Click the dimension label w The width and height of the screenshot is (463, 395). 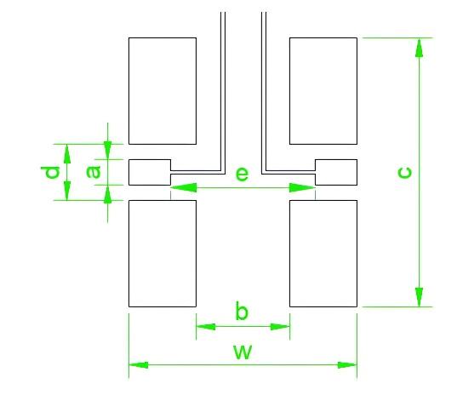pos(243,352)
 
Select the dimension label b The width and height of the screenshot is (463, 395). pos(242,311)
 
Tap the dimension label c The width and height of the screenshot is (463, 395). pos(404,173)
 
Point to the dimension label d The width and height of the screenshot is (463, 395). pos(50,173)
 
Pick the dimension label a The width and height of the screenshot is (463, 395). pos(94,172)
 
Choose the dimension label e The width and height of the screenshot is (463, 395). pos(242,174)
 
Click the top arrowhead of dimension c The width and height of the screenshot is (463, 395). pos(419,48)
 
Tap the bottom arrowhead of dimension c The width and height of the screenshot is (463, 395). pos(419,297)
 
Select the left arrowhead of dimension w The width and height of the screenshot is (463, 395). pos(139,365)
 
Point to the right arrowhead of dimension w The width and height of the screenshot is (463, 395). pos(347,365)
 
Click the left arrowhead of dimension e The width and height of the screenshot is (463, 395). pos(184,187)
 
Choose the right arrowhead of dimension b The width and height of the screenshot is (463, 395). pos(280,327)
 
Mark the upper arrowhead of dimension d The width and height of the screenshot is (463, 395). pos(67,153)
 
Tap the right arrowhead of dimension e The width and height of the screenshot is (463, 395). pos(302,187)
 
